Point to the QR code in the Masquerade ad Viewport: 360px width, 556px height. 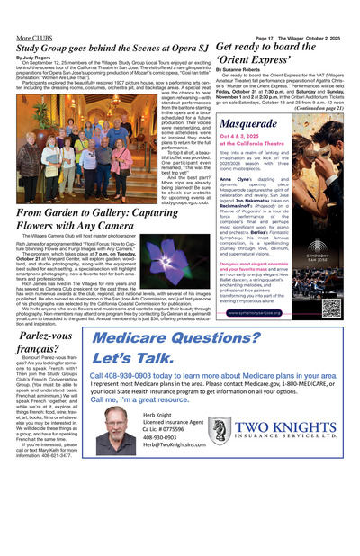(330, 308)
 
